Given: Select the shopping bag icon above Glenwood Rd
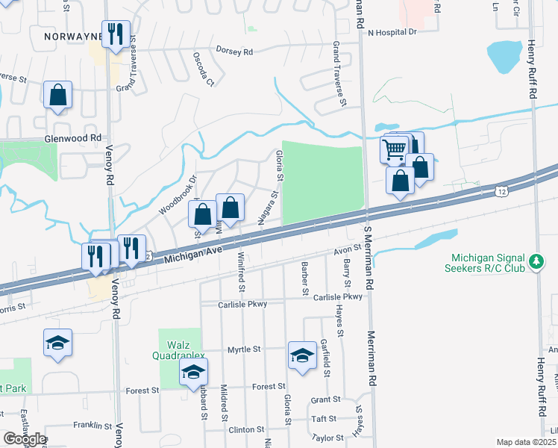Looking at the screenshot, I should click(57, 96).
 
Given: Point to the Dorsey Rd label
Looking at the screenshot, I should click(235, 51).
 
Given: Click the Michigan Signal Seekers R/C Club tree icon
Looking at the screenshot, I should click(536, 261).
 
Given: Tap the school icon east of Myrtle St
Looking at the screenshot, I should click(302, 355).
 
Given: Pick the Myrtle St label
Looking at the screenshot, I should click(244, 349).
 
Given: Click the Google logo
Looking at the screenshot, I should click(25, 439).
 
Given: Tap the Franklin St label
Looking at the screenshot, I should click(93, 426).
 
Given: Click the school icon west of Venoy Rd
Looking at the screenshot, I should click(57, 343).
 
